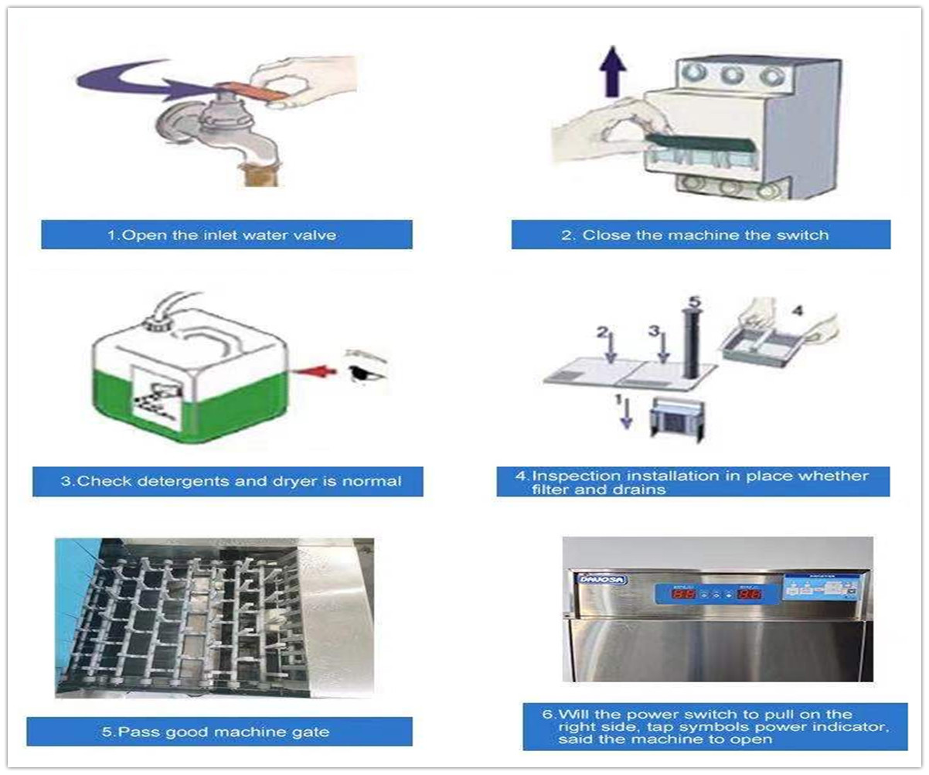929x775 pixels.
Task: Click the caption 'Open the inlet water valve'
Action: coord(226,235)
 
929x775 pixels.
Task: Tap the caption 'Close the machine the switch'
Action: coord(700,235)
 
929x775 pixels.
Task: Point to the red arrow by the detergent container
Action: coord(317,371)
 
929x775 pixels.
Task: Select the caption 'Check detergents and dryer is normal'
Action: coord(227,481)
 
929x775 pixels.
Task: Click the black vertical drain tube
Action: coord(690,344)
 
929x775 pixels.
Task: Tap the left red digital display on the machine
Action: coord(684,594)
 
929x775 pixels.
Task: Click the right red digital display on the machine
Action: coord(749,594)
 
